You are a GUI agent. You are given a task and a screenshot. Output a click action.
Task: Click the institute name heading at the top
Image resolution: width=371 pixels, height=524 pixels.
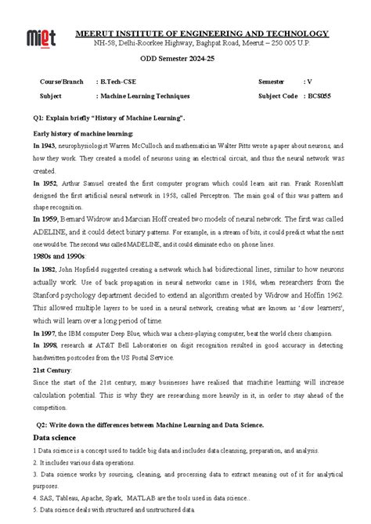coord(201,34)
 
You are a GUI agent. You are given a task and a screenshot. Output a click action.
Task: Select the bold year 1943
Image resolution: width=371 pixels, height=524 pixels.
coord(45,146)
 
